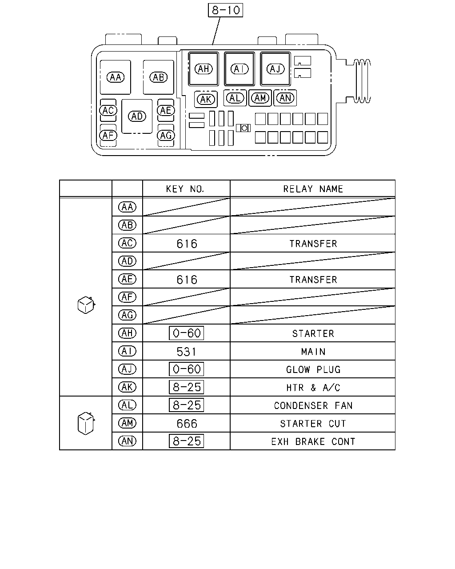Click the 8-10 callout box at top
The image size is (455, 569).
point(225,10)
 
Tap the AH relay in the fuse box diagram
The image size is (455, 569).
point(204,69)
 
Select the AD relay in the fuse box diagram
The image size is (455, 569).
point(137,116)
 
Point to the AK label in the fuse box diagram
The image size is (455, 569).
point(206,100)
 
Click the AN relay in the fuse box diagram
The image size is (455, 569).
point(285,98)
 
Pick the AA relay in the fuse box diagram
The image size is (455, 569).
point(115,77)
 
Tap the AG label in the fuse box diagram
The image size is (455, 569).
point(166,136)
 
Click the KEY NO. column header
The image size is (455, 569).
point(185,189)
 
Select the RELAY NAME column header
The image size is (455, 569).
point(313,189)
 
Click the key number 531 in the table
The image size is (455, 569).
point(186,352)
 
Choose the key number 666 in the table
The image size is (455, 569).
point(187,424)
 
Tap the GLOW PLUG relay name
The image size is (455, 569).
point(313,370)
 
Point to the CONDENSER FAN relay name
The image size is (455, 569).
point(313,405)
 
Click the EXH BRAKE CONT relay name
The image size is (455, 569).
point(313,441)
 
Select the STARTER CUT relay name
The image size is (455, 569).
point(313,424)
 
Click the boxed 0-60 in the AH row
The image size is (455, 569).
point(186,333)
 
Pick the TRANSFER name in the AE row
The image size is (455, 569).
point(313,280)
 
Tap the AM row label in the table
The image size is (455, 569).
point(127,423)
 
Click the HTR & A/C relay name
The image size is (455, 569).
point(313,388)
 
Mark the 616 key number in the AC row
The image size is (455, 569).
point(187,244)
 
